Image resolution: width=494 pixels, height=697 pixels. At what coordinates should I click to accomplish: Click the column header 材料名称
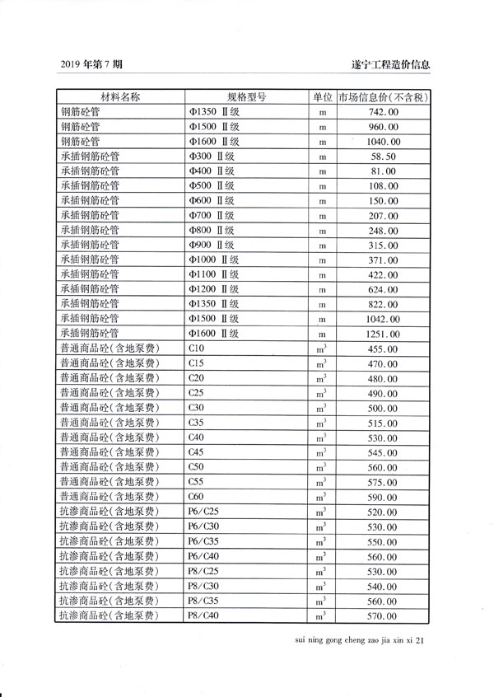click(120, 97)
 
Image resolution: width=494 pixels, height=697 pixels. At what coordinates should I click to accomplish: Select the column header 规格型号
click(246, 97)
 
